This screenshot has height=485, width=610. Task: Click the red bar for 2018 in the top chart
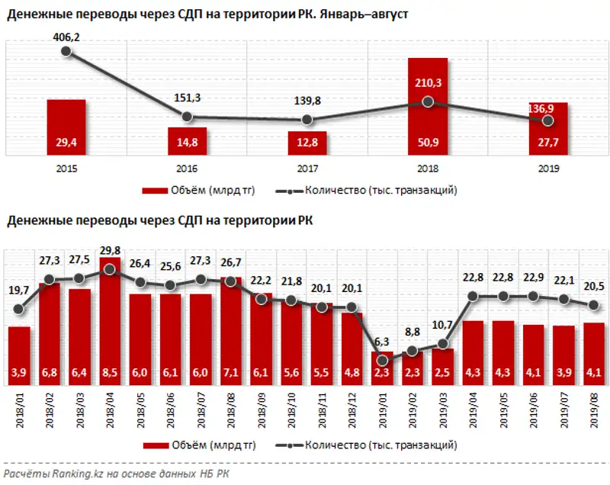point(428,107)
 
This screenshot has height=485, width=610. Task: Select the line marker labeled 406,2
point(66,52)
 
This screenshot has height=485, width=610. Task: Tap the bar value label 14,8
point(187,142)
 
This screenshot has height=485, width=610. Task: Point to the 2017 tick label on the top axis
point(307,169)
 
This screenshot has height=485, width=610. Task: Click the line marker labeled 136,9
point(547,120)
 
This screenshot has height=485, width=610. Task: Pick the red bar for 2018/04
point(110,320)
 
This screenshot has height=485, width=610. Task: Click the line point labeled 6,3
point(382,360)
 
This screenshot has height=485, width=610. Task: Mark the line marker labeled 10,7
point(442,345)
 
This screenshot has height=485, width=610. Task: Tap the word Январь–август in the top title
point(363,15)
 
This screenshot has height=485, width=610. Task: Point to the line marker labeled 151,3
point(187,117)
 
